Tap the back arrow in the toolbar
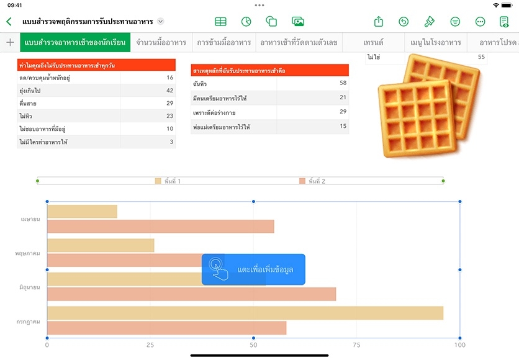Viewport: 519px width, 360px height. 9,22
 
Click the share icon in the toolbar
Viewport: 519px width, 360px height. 379,22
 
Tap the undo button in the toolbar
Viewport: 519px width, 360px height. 404,22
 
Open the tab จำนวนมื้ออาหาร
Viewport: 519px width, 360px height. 161,43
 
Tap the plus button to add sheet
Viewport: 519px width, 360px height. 10,43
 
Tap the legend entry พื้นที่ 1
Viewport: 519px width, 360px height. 168,181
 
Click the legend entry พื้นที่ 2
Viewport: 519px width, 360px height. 312,181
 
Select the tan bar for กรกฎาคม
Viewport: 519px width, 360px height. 245,313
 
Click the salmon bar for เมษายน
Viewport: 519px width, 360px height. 160,227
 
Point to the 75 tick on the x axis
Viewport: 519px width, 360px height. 356,344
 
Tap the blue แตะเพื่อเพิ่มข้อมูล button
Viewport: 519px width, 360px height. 253,269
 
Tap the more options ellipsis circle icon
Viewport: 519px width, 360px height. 480,22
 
